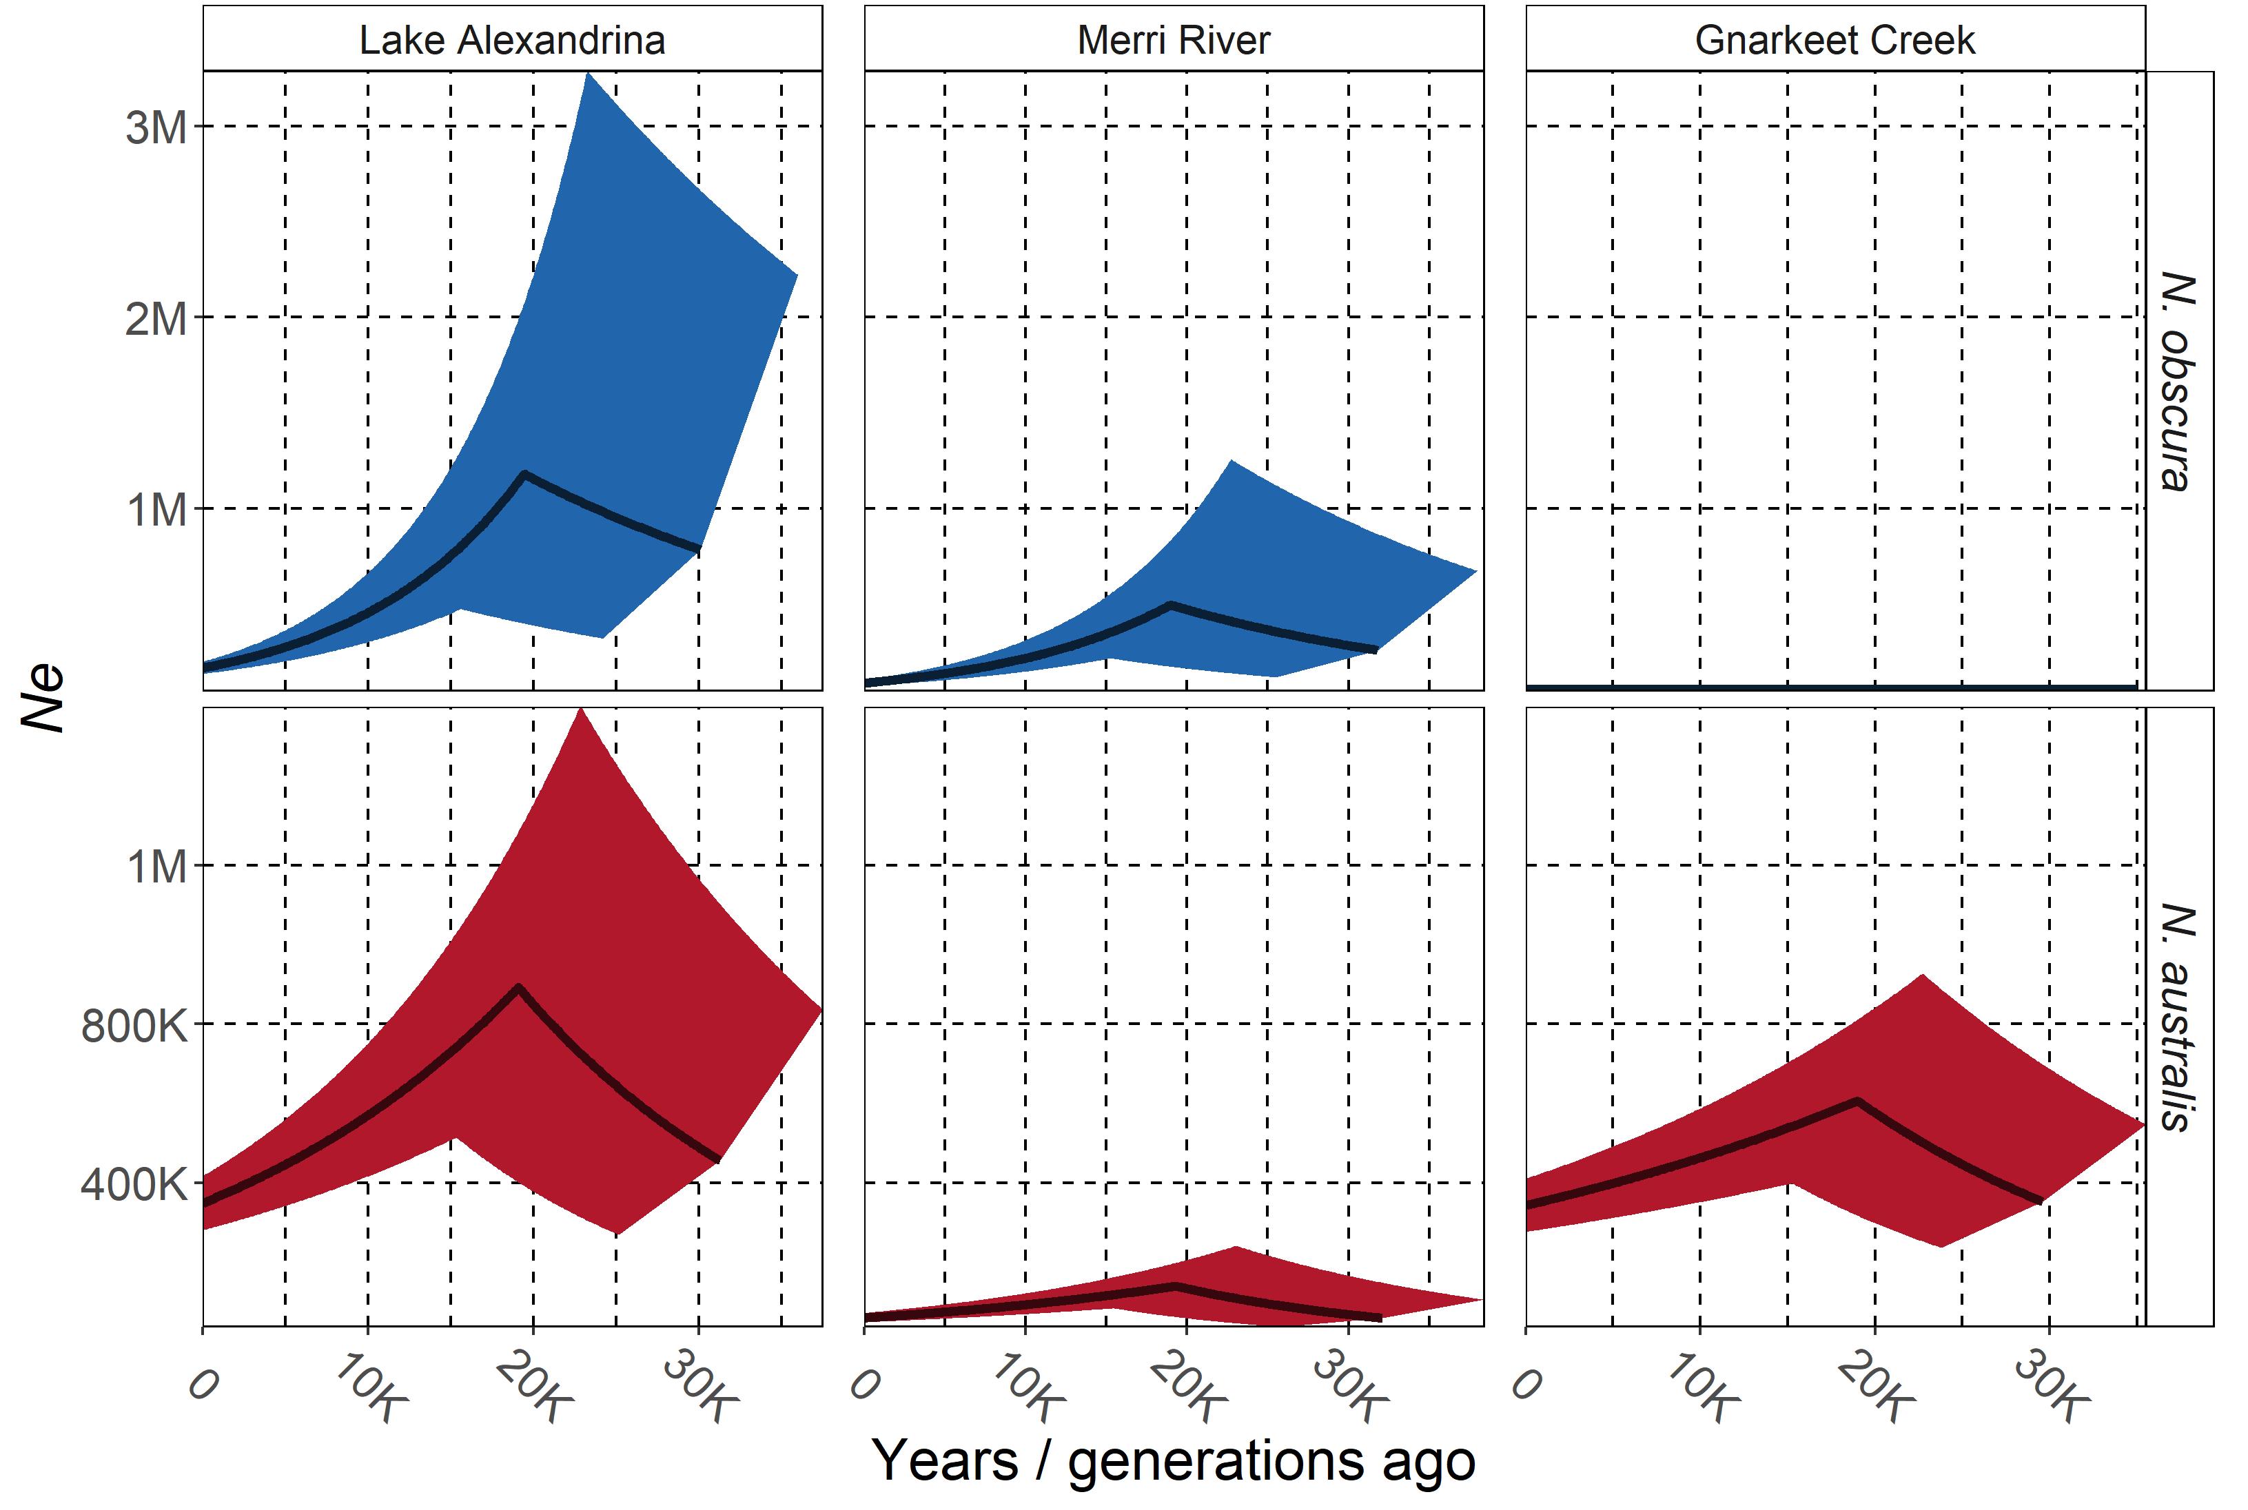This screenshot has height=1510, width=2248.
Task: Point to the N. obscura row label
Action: (x=2178, y=382)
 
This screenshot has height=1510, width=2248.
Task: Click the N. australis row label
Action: (x=2178, y=1017)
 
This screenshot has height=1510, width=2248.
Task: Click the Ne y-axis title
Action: (x=43, y=699)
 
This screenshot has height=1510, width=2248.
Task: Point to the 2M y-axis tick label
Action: (x=156, y=318)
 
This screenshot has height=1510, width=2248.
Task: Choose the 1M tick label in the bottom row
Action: (x=156, y=867)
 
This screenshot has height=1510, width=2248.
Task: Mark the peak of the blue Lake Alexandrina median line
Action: (x=524, y=474)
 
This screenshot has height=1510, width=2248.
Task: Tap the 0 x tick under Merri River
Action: (x=864, y=1384)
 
